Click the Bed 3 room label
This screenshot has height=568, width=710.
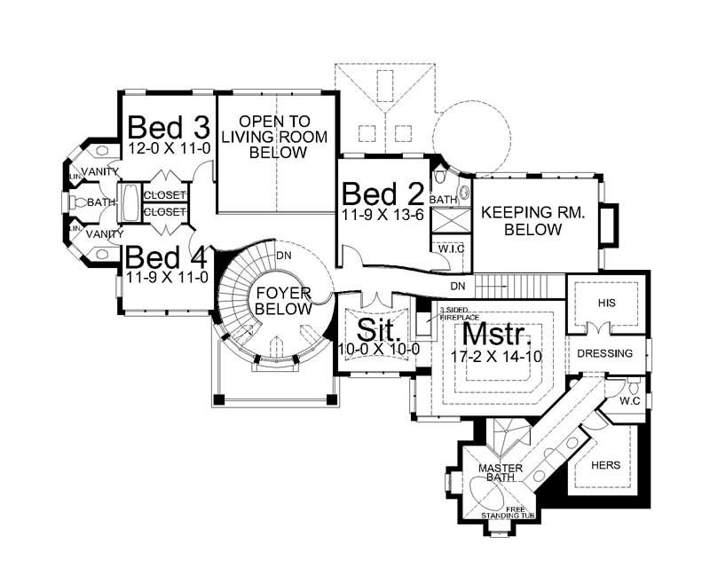[169, 126]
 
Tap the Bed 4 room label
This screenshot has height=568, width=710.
[166, 258]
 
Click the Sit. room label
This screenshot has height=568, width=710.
[381, 329]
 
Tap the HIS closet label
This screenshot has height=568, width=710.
[606, 303]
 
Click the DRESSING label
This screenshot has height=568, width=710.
[604, 353]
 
